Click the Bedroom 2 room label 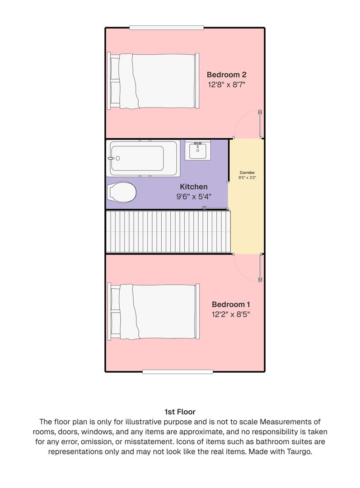pos(226,75)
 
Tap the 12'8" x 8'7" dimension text pos(226,84)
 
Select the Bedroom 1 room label pos(231,304)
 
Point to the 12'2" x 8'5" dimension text pos(231,314)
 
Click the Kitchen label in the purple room pos(194,187)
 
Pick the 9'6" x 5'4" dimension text pos(194,197)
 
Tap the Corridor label pos(247,173)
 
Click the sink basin pos(197,150)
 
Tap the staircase pos(168,232)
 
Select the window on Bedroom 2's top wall pos(166,28)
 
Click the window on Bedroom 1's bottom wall pos(178,372)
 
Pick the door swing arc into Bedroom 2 pos(247,123)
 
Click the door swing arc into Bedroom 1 pos(248,268)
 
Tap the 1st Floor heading pos(180,412)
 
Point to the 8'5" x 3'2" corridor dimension pos(247,178)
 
